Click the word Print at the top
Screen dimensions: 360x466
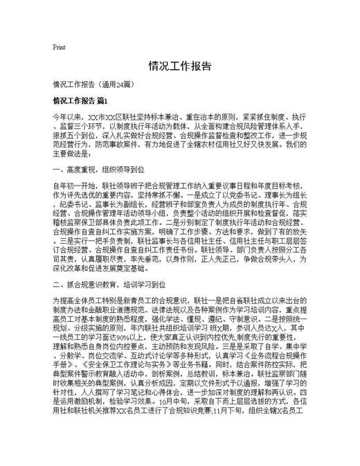59,47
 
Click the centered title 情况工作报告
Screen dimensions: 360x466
179,66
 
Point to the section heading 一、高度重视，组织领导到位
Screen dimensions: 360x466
98,168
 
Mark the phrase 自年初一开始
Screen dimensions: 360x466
73,186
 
